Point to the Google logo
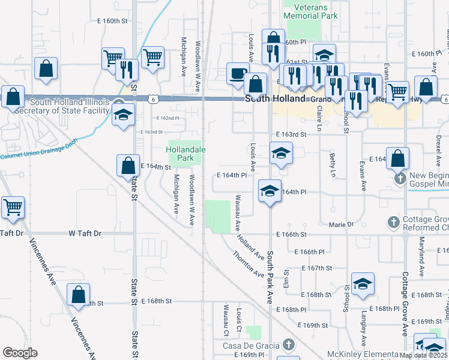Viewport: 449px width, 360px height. pyautogui.click(x=20, y=352)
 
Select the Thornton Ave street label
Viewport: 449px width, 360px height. pyautogui.click(x=249, y=264)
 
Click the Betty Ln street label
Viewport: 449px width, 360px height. pyautogui.click(x=333, y=164)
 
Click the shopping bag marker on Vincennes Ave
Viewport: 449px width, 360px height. pyautogui.click(x=78, y=295)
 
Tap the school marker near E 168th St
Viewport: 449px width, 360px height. pyautogui.click(x=363, y=284)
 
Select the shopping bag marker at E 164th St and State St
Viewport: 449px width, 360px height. pyautogui.click(x=127, y=165)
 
